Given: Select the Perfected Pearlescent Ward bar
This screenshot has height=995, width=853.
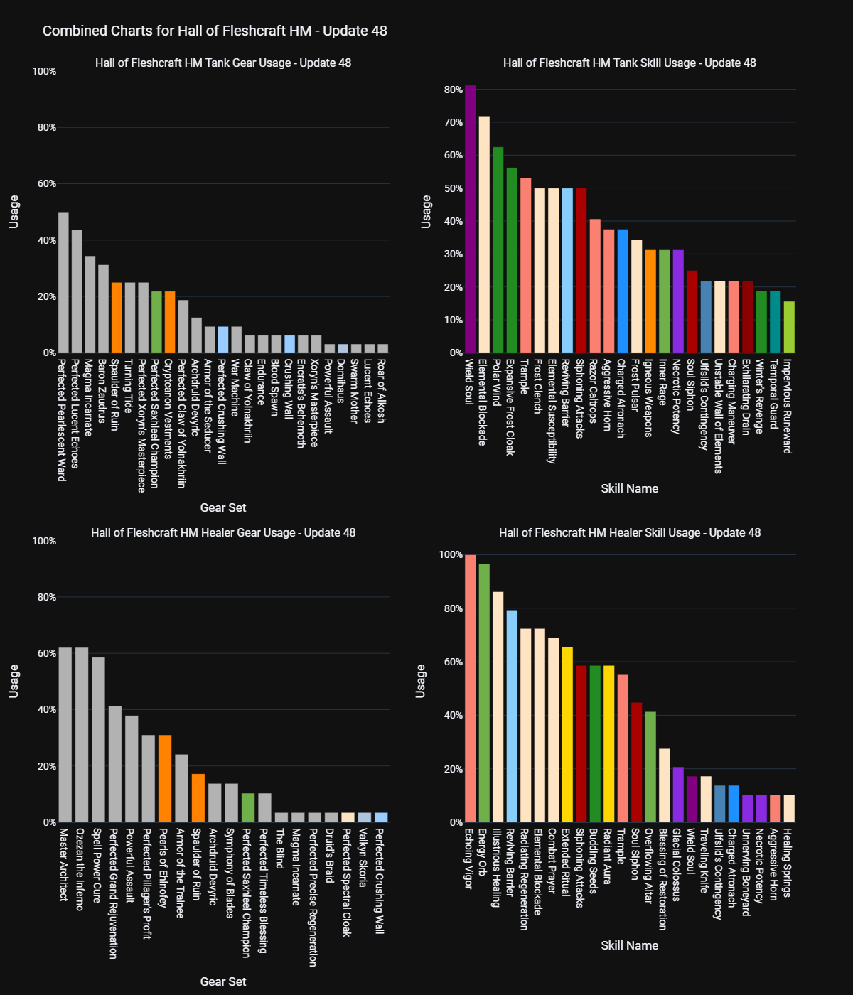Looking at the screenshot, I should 63,282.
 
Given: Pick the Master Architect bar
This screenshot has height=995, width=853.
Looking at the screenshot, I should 65,735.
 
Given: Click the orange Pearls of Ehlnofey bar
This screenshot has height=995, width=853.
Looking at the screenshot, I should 165,778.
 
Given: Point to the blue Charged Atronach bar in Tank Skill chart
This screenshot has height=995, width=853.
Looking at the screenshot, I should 623,291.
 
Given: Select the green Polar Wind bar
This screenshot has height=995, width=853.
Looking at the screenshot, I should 498,249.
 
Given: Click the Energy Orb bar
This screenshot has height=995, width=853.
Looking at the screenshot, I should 484,693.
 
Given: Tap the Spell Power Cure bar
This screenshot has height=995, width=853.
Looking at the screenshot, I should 98,740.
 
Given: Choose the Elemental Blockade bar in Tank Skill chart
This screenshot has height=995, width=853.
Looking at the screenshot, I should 484,234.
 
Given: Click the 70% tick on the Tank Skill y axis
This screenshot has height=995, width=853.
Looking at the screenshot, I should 454,122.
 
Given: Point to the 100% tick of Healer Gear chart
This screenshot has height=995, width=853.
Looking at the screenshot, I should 44,541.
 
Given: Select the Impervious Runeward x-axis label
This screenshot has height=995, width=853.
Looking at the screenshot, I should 788,406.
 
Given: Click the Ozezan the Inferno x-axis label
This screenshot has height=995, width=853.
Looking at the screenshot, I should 80,868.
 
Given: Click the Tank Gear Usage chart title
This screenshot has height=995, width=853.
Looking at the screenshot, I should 223,63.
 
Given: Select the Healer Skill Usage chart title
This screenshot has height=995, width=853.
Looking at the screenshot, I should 629,532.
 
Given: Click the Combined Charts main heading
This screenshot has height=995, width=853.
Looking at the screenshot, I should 215,31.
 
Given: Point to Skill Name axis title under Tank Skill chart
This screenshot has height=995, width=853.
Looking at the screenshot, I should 629,488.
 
